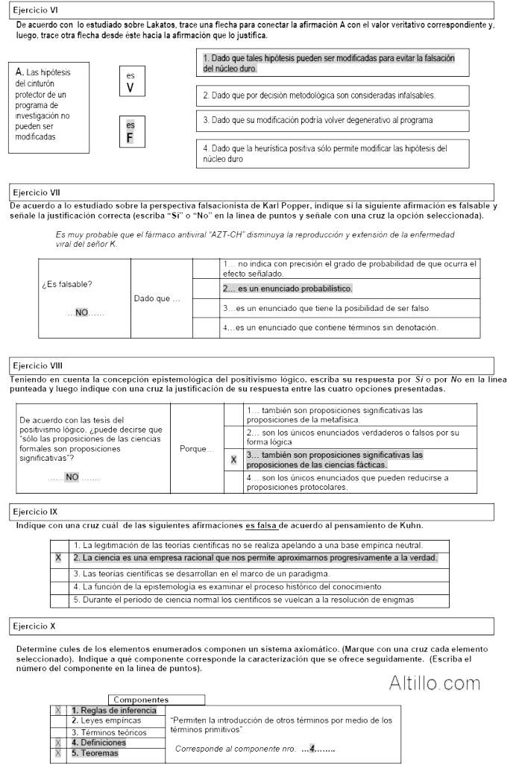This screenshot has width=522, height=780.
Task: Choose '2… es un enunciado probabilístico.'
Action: (287, 288)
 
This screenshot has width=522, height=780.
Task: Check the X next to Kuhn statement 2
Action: (57, 558)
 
